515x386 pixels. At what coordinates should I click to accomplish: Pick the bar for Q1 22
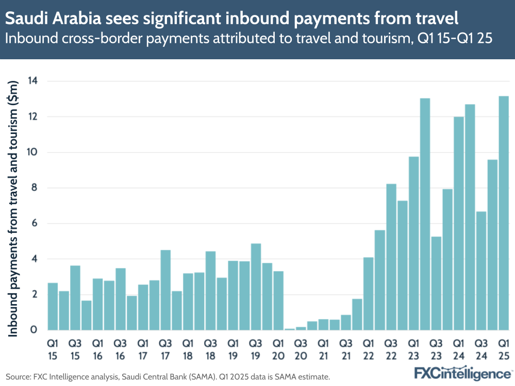[368, 293]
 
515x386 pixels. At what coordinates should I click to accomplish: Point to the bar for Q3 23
[436, 283]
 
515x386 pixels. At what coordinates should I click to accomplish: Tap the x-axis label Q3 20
[301, 348]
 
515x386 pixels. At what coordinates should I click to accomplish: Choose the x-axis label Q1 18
[188, 348]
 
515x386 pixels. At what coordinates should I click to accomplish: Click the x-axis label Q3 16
[120, 348]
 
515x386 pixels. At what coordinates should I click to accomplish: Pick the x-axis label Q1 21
[323, 348]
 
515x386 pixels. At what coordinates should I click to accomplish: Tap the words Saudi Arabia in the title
[46, 19]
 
